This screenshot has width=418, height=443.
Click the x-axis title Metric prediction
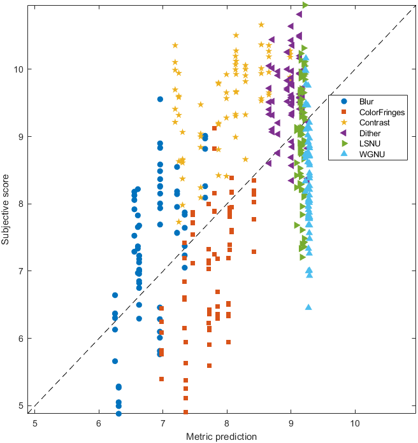click(x=221, y=437)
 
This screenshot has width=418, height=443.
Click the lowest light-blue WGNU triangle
click(x=308, y=307)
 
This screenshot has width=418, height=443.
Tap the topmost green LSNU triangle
click(x=305, y=5)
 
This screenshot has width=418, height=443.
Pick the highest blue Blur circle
click(x=160, y=99)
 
